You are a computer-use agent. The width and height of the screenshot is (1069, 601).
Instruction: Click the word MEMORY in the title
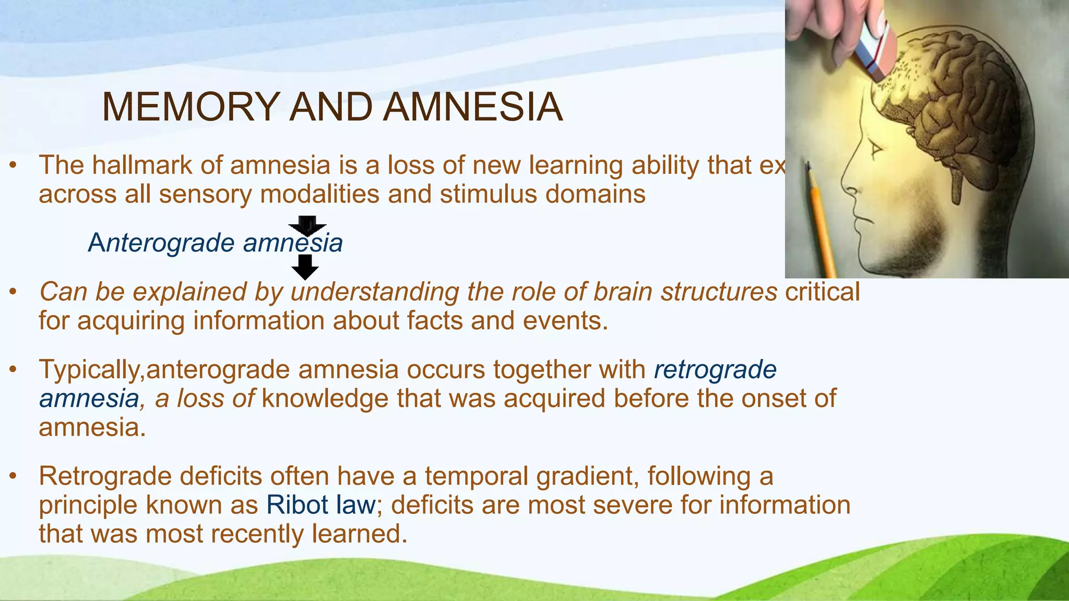pyautogui.click(x=191, y=107)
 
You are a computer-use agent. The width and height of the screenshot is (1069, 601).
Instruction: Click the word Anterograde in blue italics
pyautogui.click(x=161, y=243)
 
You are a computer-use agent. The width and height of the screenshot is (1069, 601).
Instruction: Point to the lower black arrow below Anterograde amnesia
pyautogui.click(x=305, y=267)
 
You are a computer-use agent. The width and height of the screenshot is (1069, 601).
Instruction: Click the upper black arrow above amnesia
pyautogui.click(x=307, y=225)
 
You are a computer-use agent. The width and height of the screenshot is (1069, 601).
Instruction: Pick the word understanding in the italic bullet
pyautogui.click(x=374, y=292)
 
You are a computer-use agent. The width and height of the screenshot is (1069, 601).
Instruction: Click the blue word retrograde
pyautogui.click(x=715, y=370)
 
